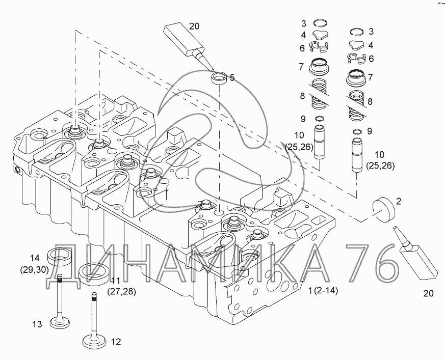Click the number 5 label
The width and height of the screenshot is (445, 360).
point(232,78)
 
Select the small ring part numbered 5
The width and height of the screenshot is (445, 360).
point(220,79)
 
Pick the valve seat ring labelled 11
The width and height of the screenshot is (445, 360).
point(95,273)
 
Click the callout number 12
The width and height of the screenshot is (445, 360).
point(116,342)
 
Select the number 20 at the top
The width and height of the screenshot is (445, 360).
point(195,26)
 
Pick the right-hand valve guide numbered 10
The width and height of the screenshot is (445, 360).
point(357,155)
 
